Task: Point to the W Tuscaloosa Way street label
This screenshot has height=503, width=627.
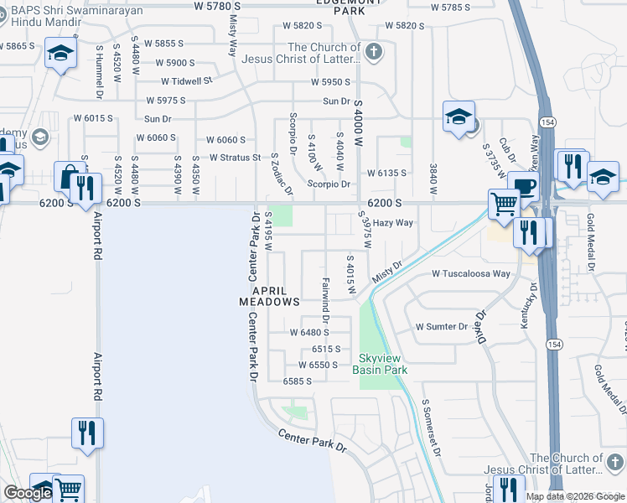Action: point(471,274)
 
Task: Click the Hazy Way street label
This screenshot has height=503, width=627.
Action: point(393,223)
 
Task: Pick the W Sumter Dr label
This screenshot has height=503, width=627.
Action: point(442,327)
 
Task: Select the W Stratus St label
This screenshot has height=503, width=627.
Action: point(236,157)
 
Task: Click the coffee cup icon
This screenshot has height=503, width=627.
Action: point(523,185)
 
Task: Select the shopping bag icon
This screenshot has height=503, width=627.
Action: point(66,177)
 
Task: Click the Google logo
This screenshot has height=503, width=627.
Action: point(28,493)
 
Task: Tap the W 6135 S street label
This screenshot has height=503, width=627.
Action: point(386,174)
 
